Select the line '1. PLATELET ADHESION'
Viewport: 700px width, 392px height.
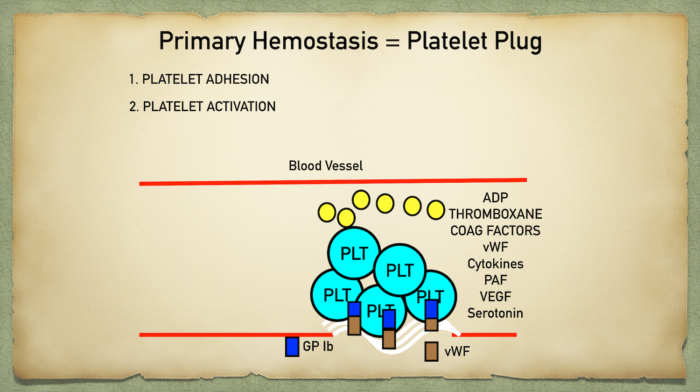pos(199,79)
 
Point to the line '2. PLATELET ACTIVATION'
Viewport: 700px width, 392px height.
pos(203,107)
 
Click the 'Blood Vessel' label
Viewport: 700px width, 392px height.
pos(325,166)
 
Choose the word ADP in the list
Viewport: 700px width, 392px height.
pos(495,198)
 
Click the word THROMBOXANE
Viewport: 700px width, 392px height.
pos(495,214)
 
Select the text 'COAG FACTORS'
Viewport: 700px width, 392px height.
pos(495,230)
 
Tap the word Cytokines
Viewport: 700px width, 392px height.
pos(495,264)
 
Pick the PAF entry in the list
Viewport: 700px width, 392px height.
pos(495,280)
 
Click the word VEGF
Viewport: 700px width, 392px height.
pos(495,297)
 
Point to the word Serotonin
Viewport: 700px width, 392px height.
pos(495,313)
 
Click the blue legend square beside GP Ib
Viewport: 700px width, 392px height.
pos(292,347)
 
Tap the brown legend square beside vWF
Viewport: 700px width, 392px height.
pos(431,351)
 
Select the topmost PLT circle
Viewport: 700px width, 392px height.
pos(354,252)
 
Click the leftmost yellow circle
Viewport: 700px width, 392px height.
pos(327,212)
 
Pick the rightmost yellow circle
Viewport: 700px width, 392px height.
pos(436,210)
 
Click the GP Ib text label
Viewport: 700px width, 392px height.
pos(318,347)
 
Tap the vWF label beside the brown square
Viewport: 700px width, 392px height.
pos(457,351)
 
